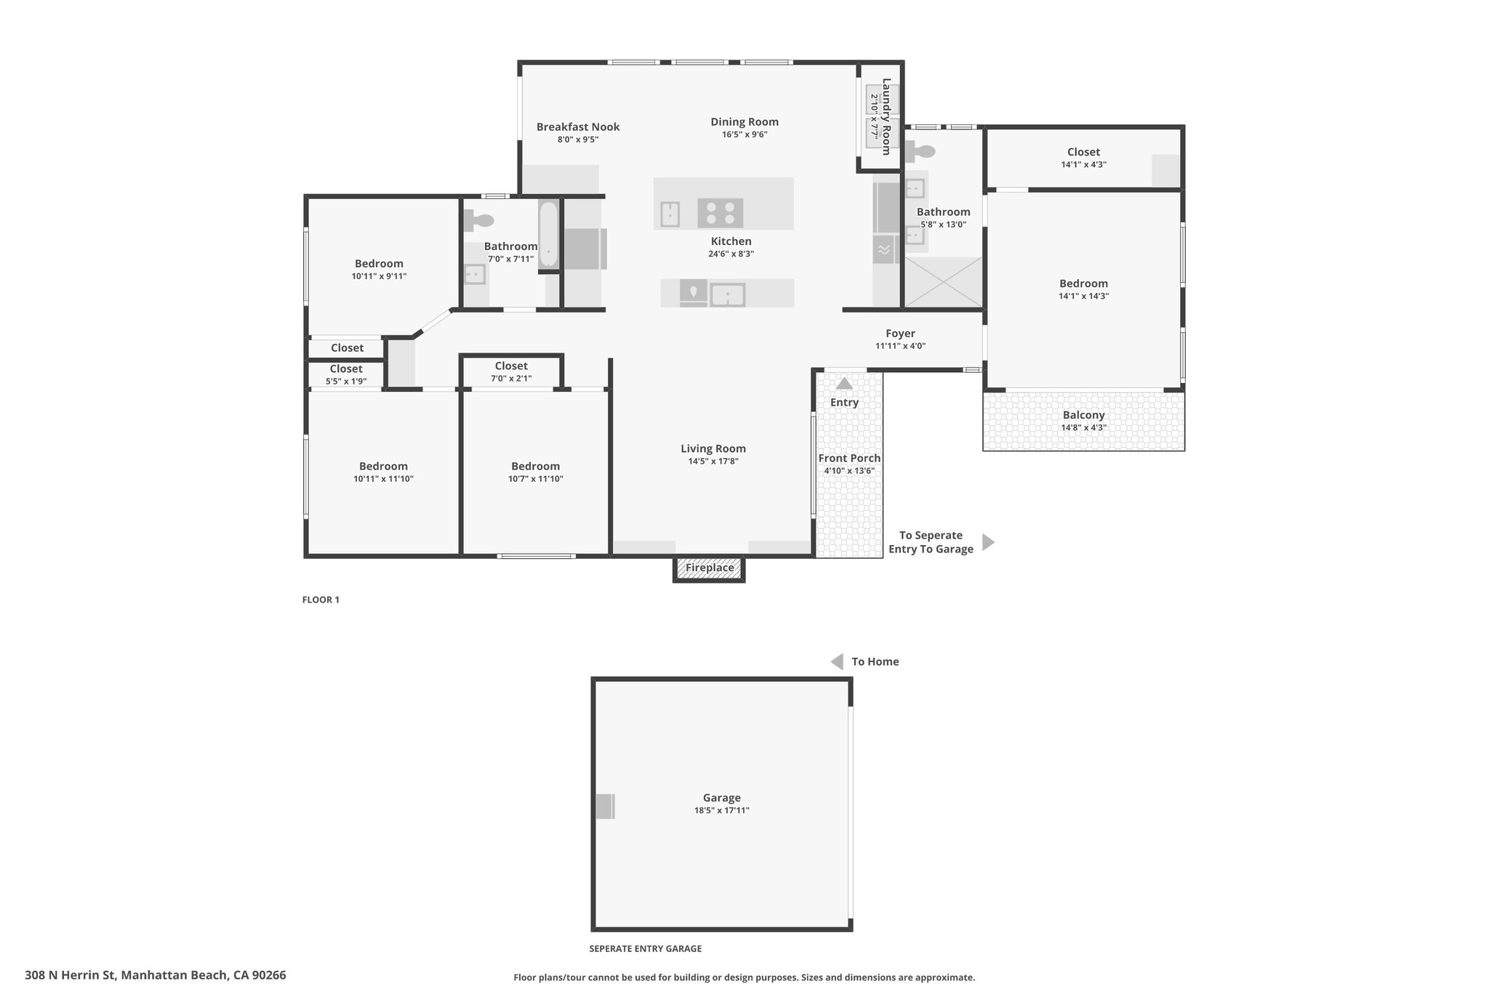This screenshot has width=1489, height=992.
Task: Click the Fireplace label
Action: point(710,568)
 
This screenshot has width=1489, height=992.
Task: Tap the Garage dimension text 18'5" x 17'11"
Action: point(721,810)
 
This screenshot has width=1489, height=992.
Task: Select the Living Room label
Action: point(713,448)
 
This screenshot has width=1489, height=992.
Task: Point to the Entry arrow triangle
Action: point(844,383)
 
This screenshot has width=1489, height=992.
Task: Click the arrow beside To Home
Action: point(837,661)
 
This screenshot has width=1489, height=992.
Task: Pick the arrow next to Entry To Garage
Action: point(988,542)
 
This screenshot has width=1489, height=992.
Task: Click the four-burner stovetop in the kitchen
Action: point(721,214)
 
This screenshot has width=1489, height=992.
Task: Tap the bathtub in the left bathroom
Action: point(548,234)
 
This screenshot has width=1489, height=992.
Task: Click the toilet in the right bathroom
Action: point(920,152)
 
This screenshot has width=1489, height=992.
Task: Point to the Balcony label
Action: point(1083,415)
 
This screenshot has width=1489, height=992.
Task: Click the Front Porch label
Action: point(849,458)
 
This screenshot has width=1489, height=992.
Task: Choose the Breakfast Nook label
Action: point(578,126)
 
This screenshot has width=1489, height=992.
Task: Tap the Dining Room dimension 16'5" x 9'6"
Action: point(744,134)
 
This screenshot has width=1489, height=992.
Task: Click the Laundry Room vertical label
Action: point(886,116)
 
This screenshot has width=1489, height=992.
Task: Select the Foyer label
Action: point(900,334)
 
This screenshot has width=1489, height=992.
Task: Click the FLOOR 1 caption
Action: point(321,600)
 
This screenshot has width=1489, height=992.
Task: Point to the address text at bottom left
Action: point(156,975)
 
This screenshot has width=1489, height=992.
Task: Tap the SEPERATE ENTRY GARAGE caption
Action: point(646,948)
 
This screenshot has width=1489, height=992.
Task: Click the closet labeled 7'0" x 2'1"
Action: point(511,371)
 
